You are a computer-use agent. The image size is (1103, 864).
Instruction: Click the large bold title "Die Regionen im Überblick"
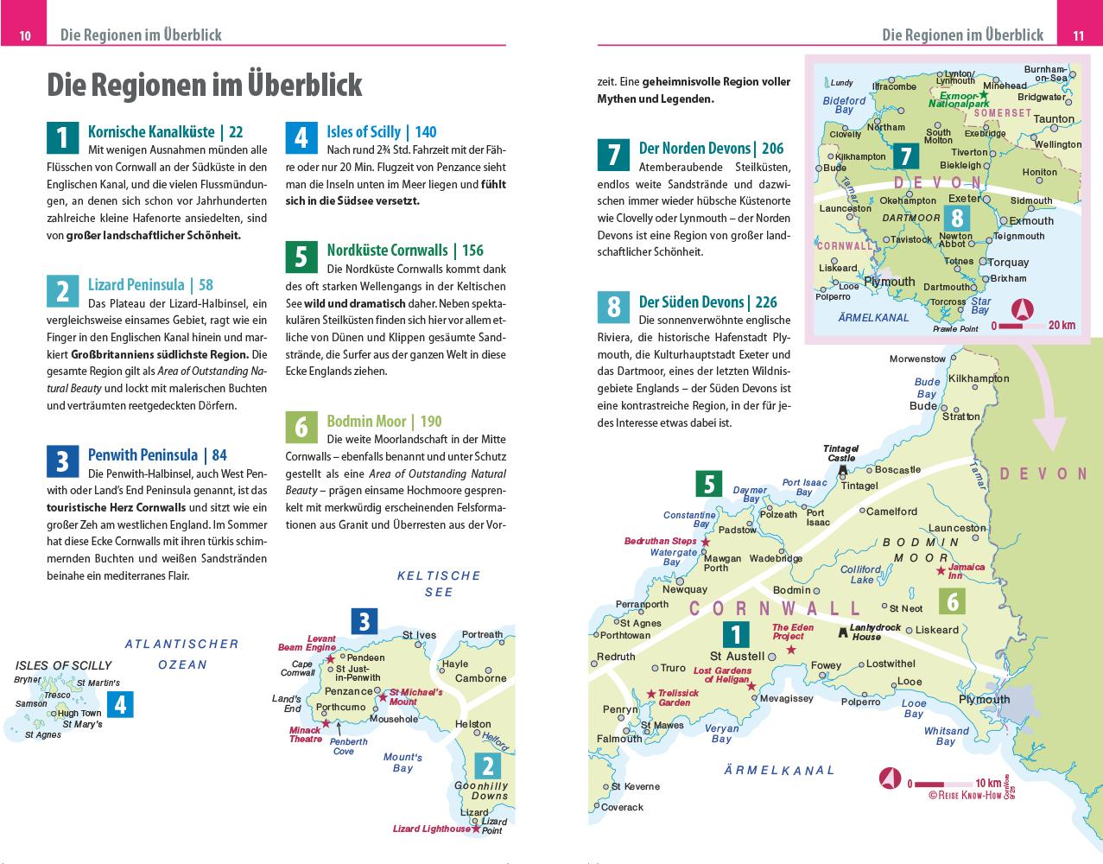tap(204, 85)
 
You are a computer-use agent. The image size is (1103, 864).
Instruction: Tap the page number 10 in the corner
tap(25, 35)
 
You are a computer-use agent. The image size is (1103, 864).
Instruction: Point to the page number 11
tap(1078, 35)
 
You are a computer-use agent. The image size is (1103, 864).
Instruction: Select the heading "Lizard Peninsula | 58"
tap(150, 284)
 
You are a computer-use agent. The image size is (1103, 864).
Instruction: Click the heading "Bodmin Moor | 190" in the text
tap(384, 421)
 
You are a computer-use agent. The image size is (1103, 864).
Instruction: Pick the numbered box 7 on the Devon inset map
tap(905, 156)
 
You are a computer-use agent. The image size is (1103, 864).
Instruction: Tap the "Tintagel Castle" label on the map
tap(840, 453)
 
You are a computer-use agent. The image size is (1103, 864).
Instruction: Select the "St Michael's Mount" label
tap(415, 696)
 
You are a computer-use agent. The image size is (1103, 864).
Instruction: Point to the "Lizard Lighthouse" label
tap(431, 829)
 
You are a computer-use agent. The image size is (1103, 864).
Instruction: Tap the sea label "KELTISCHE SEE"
tap(438, 583)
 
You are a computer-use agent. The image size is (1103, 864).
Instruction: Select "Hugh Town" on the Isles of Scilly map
tap(79, 713)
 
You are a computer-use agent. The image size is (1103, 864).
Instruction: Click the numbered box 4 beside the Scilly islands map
tap(120, 705)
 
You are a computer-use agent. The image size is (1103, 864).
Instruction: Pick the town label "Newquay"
tap(684, 589)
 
